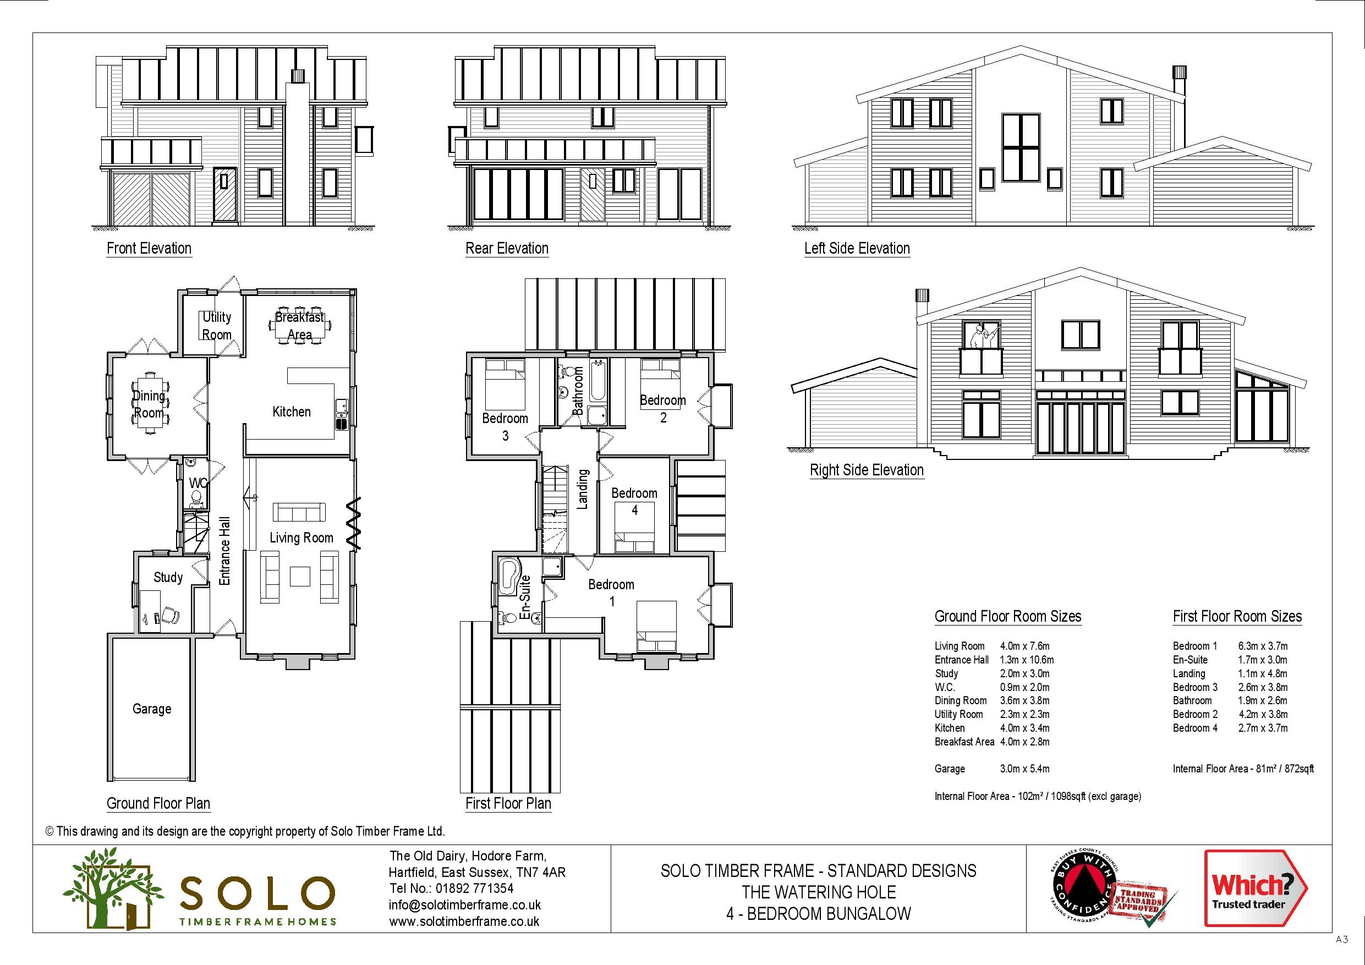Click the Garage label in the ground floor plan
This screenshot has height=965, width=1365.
[x=152, y=709]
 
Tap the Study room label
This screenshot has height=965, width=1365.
[x=168, y=577]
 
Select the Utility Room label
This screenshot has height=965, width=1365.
[x=216, y=326]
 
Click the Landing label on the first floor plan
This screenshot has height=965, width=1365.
[x=583, y=489]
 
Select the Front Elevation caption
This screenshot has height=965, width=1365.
[x=149, y=249]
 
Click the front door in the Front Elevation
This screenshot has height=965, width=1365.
[x=224, y=194]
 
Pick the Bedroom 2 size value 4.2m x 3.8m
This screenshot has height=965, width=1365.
[x=1263, y=714]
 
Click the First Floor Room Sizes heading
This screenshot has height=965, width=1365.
[x=1237, y=617]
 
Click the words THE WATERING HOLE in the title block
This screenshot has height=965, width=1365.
[x=818, y=892]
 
